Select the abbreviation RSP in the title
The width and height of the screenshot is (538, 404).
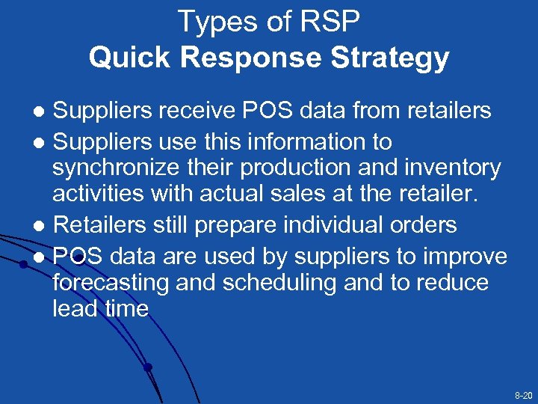tap(329, 22)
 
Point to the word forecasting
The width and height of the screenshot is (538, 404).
tap(113, 284)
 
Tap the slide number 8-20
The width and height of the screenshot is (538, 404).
tap(523, 394)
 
